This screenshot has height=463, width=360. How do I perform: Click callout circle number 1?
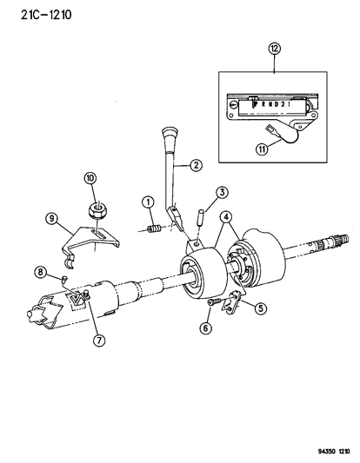click(149, 203)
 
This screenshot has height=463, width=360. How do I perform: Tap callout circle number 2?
click(197, 163)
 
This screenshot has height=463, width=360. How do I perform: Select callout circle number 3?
click(223, 192)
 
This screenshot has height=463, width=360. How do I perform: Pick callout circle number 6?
click(206, 328)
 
